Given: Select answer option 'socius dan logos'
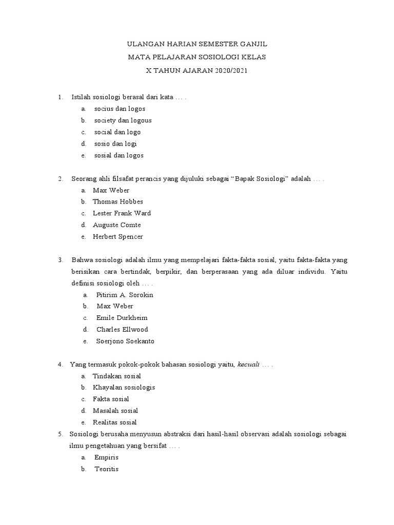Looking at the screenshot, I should pyautogui.click(x=120, y=109).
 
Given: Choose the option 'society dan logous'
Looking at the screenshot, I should pyautogui.click(x=123, y=120).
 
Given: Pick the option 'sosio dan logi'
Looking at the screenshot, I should pyautogui.click(x=115, y=144).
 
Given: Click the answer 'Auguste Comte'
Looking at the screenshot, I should pyautogui.click(x=116, y=225).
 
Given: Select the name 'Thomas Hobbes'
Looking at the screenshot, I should pyautogui.click(x=118, y=201).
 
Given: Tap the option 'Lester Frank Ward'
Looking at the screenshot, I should pyautogui.click(x=122, y=213).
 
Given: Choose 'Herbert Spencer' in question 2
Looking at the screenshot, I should pyautogui.click(x=118, y=237).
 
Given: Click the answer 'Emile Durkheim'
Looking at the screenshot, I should pyautogui.click(x=122, y=318).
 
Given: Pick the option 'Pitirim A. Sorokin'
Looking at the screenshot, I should pyautogui.click(x=125, y=295).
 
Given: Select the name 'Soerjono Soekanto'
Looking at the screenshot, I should pyautogui.click(x=125, y=341).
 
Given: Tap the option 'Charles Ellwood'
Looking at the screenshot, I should pyautogui.click(x=122, y=329).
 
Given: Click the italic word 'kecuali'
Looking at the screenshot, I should pyautogui.click(x=248, y=365).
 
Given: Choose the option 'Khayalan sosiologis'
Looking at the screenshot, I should pyautogui.click(x=124, y=388).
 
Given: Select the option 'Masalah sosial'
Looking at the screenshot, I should pyautogui.click(x=115, y=411).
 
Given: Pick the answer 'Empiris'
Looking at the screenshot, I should pyautogui.click(x=106, y=457).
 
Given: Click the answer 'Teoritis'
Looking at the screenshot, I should pyautogui.click(x=106, y=469).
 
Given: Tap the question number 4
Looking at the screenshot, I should pyautogui.click(x=61, y=365).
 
